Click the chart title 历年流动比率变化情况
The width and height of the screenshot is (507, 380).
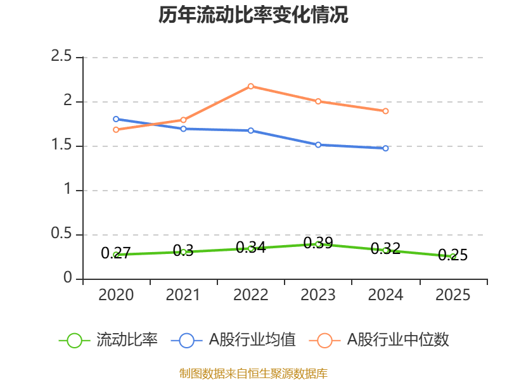click(253, 15)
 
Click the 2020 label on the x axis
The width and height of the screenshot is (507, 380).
click(116, 295)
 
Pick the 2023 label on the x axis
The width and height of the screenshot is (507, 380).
click(318, 295)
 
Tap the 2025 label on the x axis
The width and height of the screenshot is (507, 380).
click(453, 295)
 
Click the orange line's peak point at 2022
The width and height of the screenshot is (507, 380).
click(251, 86)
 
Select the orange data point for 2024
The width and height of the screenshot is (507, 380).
click(385, 111)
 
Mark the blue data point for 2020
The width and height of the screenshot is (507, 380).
click(116, 119)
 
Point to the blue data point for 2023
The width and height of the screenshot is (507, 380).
click(318, 144)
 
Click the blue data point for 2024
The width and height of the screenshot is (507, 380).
click(385, 148)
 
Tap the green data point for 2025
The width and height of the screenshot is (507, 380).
click(453, 256)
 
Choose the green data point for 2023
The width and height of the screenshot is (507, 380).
click(318, 244)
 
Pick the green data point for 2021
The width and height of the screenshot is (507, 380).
click(183, 252)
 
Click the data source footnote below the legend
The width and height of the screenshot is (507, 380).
click(253, 373)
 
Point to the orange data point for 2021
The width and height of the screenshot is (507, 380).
click(183, 120)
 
